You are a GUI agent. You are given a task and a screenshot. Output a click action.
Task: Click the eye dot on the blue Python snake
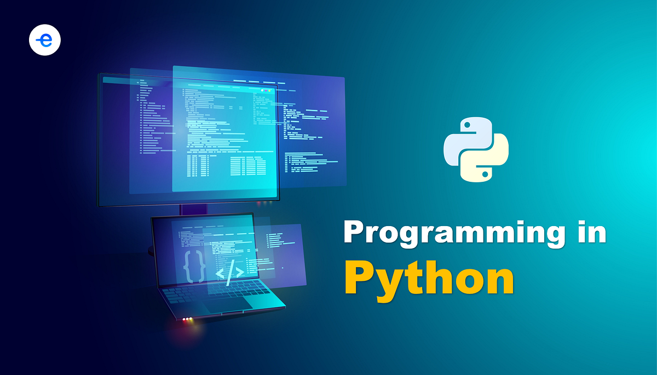[x=467, y=125]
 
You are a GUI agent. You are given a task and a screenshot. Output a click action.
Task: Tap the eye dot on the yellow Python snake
[x=485, y=174]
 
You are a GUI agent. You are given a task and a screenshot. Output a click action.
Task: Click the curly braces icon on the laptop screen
[x=195, y=266]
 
